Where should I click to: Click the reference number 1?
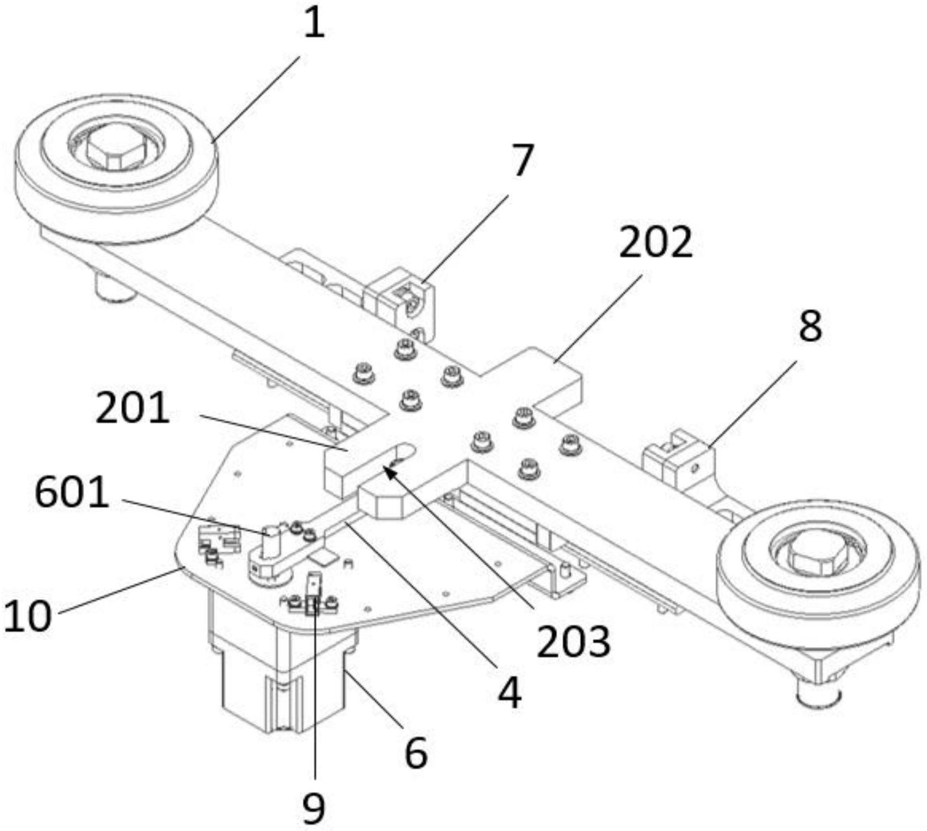pyautogui.click(x=314, y=24)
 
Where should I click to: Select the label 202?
pyautogui.click(x=656, y=242)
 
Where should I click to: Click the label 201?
pyautogui.click(x=132, y=408)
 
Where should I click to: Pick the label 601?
pyautogui.click(x=72, y=492)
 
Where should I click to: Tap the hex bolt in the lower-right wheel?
pyautogui.click(x=818, y=552)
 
